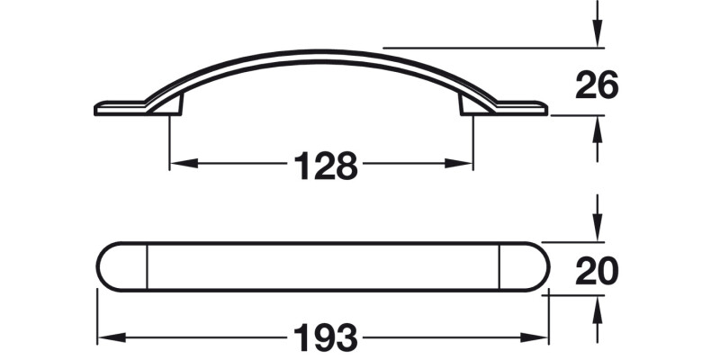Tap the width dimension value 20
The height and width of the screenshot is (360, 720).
(597, 270)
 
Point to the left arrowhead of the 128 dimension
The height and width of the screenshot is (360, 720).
(176, 164)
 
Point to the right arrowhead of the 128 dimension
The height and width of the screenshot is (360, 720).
(466, 164)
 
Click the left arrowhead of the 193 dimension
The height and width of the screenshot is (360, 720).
(103, 338)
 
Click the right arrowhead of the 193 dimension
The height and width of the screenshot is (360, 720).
(542, 338)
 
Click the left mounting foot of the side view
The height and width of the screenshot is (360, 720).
(175, 106)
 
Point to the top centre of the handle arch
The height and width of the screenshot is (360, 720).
(321, 54)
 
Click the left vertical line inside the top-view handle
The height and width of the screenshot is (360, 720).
(146, 266)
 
